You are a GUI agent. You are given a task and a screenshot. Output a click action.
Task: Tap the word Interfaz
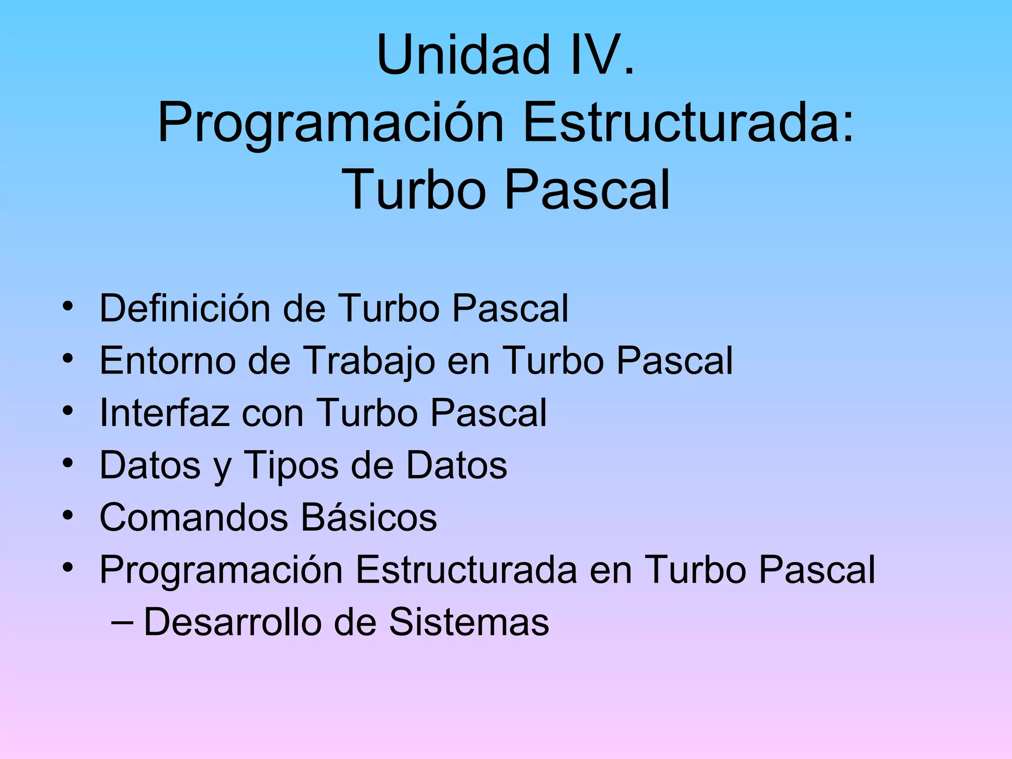pos(164,413)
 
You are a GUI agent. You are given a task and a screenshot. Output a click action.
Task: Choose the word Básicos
pos(369,517)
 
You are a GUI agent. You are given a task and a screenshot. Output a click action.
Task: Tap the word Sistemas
pos(469,622)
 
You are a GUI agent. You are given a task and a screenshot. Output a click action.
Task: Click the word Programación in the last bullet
pos(221,570)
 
